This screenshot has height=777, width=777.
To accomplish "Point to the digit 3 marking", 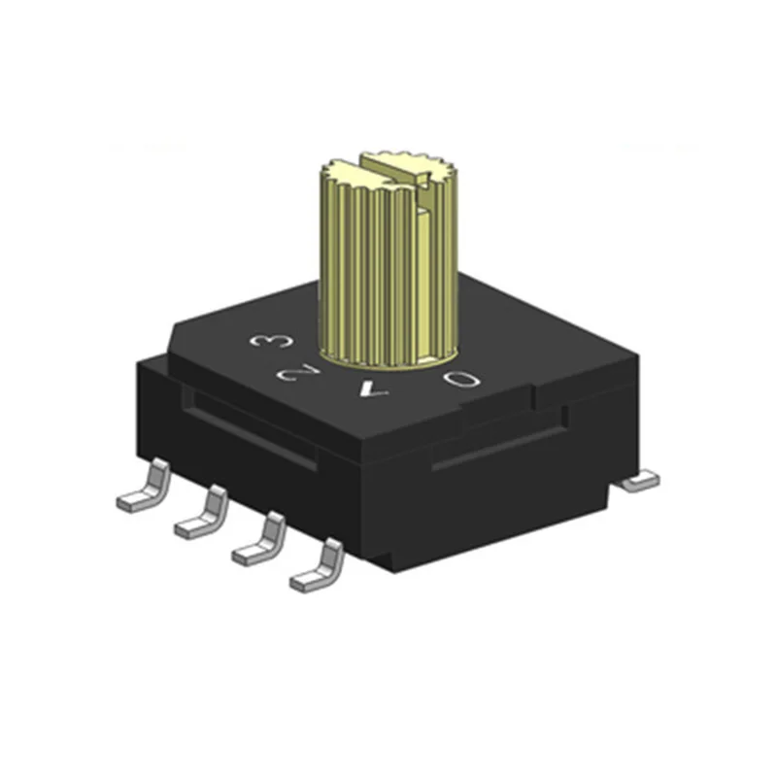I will tap(265, 341).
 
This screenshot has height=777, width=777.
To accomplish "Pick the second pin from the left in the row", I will tap(199, 514).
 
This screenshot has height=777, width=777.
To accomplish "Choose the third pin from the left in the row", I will tap(256, 541).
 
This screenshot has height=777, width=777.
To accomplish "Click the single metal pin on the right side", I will tap(640, 479).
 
